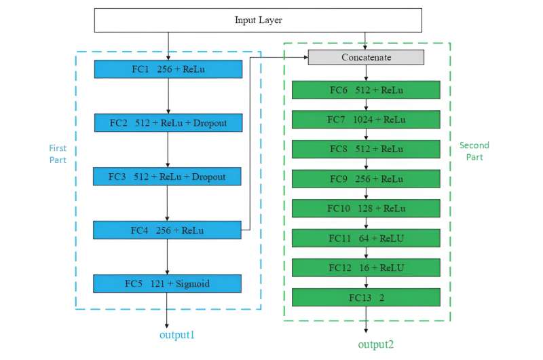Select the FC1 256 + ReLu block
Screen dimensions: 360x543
(168, 69)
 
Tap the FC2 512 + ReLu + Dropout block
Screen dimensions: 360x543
(168, 123)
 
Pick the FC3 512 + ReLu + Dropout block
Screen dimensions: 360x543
(168, 177)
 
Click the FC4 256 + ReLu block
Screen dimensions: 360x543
(168, 230)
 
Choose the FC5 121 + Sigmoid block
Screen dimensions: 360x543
(168, 283)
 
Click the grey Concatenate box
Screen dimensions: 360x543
(366, 58)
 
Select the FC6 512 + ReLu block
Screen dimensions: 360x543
(366, 90)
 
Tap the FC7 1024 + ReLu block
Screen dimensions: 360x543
(366, 120)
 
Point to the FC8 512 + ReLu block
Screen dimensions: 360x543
(366, 149)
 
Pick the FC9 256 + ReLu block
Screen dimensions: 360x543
(366, 179)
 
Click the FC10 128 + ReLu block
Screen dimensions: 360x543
(366, 209)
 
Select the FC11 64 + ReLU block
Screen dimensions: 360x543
(366, 238)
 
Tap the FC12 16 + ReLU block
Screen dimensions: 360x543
(366, 268)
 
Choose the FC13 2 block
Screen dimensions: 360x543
(366, 298)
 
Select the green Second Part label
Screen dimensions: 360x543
(474, 151)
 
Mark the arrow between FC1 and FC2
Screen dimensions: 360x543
(168, 96)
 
